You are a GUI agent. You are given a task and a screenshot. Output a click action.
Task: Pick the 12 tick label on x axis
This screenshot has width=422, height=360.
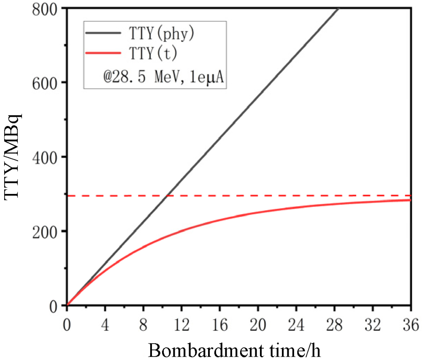tap(182, 325)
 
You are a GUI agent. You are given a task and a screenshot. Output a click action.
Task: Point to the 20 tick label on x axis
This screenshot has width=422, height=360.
tap(258, 325)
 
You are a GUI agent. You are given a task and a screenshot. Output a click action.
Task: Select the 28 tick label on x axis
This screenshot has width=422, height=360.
tap(335, 325)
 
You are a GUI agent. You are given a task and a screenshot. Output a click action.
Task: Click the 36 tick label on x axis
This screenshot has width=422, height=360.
tap(410, 325)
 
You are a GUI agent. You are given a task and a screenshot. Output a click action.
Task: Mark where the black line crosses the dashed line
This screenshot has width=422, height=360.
tap(167, 196)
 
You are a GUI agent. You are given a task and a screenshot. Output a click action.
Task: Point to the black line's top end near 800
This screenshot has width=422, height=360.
tap(338, 9)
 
